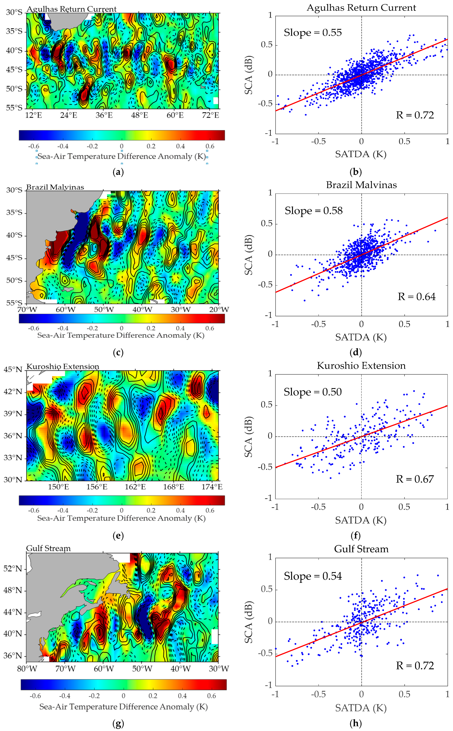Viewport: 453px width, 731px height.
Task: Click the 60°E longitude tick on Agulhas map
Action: pos(175,115)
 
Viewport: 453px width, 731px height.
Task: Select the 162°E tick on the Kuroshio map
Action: pos(135,487)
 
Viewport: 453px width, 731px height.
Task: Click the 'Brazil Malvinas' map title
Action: pos(55,187)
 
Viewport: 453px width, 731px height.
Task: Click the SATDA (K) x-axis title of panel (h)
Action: pos(361,708)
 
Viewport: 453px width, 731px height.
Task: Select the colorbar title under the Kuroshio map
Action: pos(121,518)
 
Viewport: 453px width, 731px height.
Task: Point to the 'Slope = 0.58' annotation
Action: pos(313,211)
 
